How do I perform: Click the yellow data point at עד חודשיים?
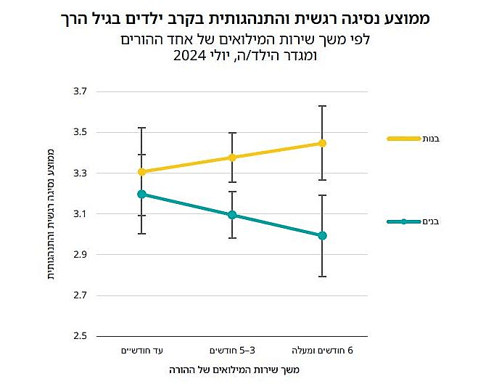[x=142, y=172]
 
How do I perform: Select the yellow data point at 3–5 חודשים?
[x=232, y=158]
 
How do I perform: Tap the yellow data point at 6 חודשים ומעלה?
[x=322, y=143]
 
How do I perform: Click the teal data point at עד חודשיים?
[x=142, y=194]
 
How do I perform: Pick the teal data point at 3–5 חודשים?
[x=232, y=215]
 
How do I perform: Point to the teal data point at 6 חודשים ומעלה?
[x=322, y=235]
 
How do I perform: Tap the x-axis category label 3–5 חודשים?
[x=232, y=351]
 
